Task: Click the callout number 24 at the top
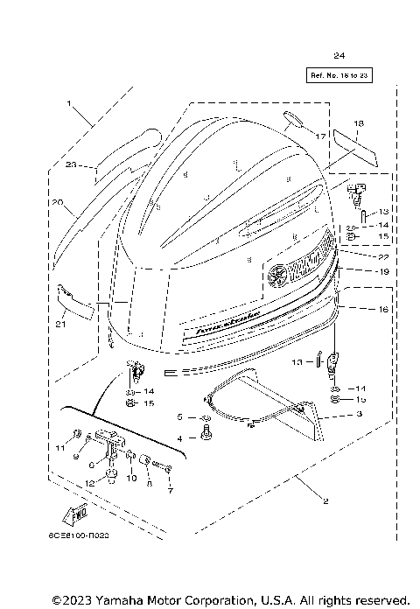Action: pyautogui.click(x=339, y=56)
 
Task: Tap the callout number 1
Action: pyautogui.click(x=68, y=104)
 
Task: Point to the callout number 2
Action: pyautogui.click(x=301, y=501)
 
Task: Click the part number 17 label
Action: pyautogui.click(x=320, y=136)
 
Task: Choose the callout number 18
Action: pyautogui.click(x=358, y=123)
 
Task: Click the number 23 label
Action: pyautogui.click(x=72, y=164)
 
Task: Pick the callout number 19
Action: pyautogui.click(x=358, y=272)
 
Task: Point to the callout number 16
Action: pyautogui.click(x=358, y=310)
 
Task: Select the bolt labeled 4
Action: pyautogui.click(x=206, y=432)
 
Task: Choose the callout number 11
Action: pyautogui.click(x=60, y=448)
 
